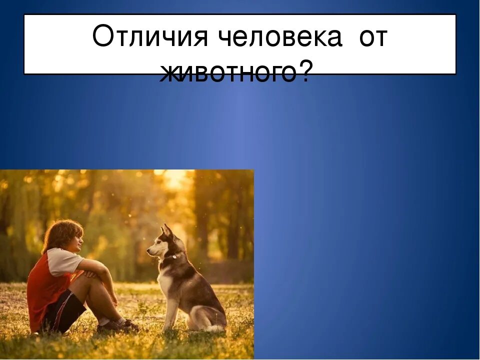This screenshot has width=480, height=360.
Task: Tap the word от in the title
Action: pos(372,38)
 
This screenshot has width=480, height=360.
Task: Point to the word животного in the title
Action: pos(228,73)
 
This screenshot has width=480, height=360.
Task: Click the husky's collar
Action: pos(170,258)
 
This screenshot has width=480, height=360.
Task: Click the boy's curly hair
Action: pos(61,232)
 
